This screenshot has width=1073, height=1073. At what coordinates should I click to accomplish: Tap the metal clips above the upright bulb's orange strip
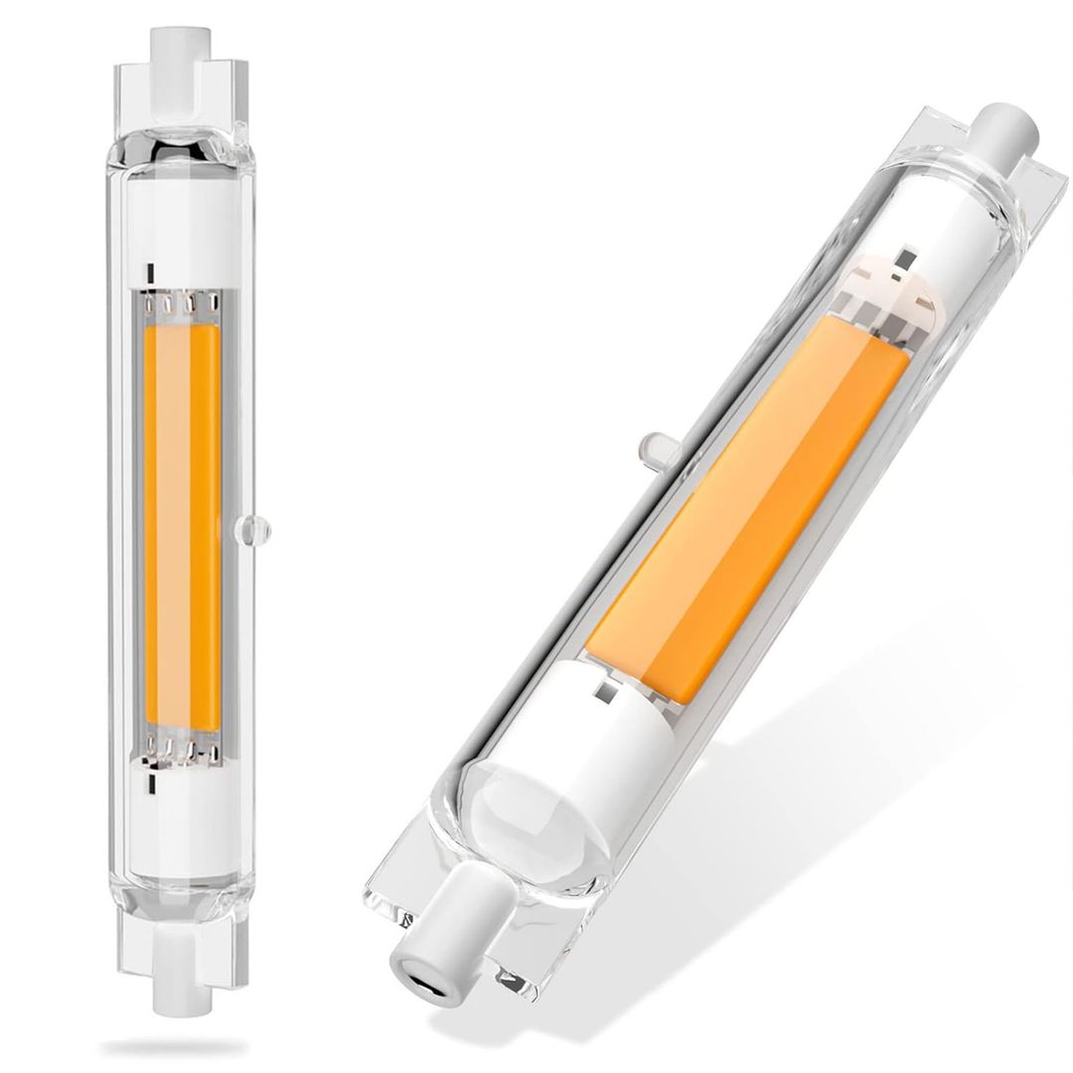[183, 302]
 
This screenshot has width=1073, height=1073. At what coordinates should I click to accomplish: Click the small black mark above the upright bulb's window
[149, 271]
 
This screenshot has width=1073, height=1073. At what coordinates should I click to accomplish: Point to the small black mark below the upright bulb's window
[149, 782]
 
